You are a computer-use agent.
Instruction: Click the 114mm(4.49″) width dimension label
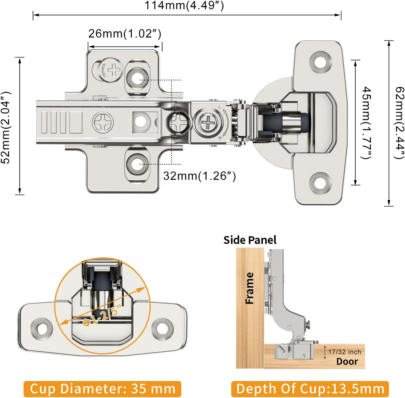184,6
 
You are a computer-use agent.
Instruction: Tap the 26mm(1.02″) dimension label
125,34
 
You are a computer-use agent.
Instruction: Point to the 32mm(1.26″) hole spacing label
199,176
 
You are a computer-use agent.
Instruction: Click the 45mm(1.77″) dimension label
367,123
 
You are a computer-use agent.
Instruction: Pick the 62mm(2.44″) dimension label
399,123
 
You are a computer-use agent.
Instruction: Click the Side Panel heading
250,240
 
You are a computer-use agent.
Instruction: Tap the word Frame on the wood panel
250,288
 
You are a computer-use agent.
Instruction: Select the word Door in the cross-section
347,362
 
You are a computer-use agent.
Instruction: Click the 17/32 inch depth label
344,352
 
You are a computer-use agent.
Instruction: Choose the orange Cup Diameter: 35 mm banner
102,389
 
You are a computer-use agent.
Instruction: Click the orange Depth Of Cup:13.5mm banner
310,389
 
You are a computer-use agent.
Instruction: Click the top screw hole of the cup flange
321,62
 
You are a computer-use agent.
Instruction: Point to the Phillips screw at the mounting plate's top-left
111,70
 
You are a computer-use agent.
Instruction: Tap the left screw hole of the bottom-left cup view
42,329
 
